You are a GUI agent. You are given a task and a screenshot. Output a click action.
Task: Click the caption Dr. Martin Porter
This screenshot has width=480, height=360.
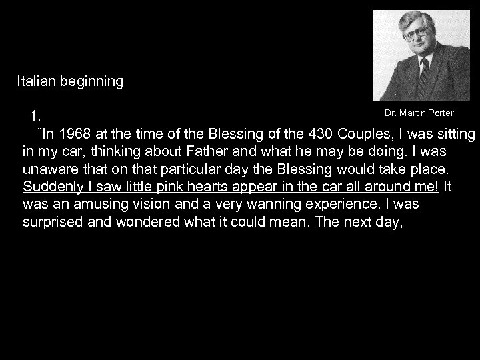[x=419, y=113]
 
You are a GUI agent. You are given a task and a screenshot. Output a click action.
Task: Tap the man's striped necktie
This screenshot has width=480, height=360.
[x=424, y=75]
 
